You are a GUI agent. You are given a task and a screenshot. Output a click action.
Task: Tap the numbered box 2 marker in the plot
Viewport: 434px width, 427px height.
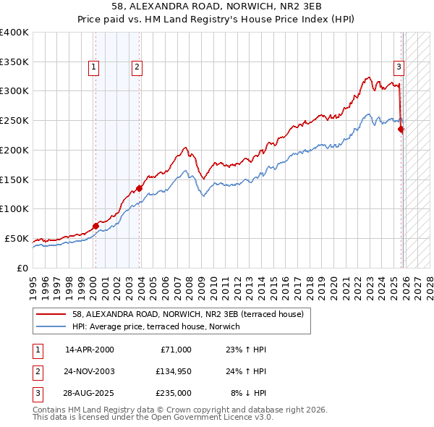point(137,68)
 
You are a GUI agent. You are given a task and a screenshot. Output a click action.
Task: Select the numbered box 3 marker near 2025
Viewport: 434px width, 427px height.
point(399,68)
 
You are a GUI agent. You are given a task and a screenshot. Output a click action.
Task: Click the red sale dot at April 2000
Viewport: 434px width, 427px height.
point(95,226)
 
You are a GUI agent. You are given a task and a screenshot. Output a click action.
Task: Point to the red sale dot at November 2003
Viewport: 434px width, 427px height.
point(140,188)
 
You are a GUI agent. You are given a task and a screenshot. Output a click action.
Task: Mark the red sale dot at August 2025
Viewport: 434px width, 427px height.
point(401,130)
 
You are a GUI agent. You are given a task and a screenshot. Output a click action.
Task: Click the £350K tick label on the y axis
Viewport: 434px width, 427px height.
point(14,62)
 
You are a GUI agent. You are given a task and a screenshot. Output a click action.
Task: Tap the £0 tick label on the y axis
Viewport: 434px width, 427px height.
point(22,268)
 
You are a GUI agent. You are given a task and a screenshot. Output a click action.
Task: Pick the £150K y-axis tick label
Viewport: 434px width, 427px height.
point(14,179)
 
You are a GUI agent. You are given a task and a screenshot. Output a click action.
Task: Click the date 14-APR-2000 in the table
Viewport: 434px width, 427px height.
point(90,350)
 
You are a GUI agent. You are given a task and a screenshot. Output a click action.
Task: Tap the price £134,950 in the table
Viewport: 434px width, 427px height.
point(174,371)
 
